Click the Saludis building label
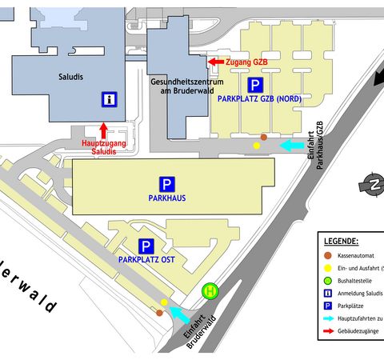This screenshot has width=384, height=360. pyautogui.click(x=70, y=77)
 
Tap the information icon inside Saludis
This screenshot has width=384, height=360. pyautogui.click(x=110, y=99)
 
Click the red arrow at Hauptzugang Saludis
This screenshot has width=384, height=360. pyautogui.click(x=103, y=130)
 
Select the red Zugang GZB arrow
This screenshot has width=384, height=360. pyautogui.click(x=216, y=62)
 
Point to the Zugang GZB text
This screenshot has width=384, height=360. pyautogui.click(x=246, y=62)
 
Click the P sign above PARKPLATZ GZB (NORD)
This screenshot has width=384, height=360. pyautogui.click(x=255, y=86)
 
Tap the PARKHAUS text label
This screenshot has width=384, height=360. pyautogui.click(x=167, y=198)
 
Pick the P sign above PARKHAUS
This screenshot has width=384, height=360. pyautogui.click(x=167, y=184)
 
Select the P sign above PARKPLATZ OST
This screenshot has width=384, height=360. pyautogui.click(x=146, y=246)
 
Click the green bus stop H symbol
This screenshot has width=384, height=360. pyautogui.click(x=210, y=291)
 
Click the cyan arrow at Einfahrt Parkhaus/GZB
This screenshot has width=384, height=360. pyautogui.click(x=292, y=146)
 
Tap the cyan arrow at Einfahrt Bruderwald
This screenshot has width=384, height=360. pyautogui.click(x=180, y=315)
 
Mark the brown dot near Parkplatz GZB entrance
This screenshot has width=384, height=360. pyautogui.click(x=264, y=138)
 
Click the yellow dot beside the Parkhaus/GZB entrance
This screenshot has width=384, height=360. pyautogui.click(x=257, y=146)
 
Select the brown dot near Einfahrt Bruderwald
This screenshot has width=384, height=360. pyautogui.click(x=159, y=313)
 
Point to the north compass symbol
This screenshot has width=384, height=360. pyautogui.click(x=374, y=185)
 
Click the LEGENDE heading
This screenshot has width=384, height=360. pyautogui.click(x=341, y=242)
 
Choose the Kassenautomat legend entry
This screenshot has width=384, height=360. pyautogui.click(x=356, y=255)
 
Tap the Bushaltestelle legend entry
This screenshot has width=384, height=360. pyautogui.click(x=354, y=281)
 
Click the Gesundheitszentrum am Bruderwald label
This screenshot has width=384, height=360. pyautogui.click(x=187, y=86)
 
